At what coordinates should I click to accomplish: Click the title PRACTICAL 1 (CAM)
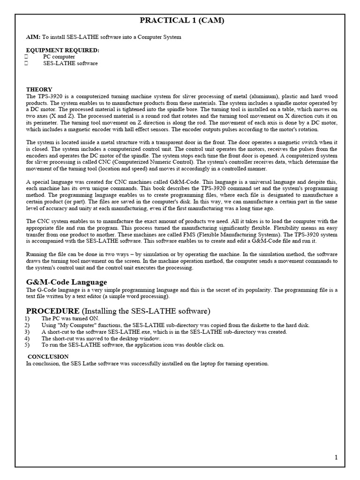click(180, 20)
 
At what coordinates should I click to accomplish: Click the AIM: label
click(33, 37)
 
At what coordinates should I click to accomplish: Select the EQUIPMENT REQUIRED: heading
click(62, 50)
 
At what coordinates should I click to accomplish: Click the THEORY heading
click(39, 90)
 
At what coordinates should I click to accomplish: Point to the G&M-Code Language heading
click(66, 282)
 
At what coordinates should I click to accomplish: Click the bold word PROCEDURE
click(52, 311)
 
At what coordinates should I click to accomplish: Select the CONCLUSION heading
click(48, 357)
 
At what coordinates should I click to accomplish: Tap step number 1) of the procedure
click(29, 319)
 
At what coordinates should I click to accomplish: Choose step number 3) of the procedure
click(29, 332)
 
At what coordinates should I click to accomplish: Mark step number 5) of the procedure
click(29, 345)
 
